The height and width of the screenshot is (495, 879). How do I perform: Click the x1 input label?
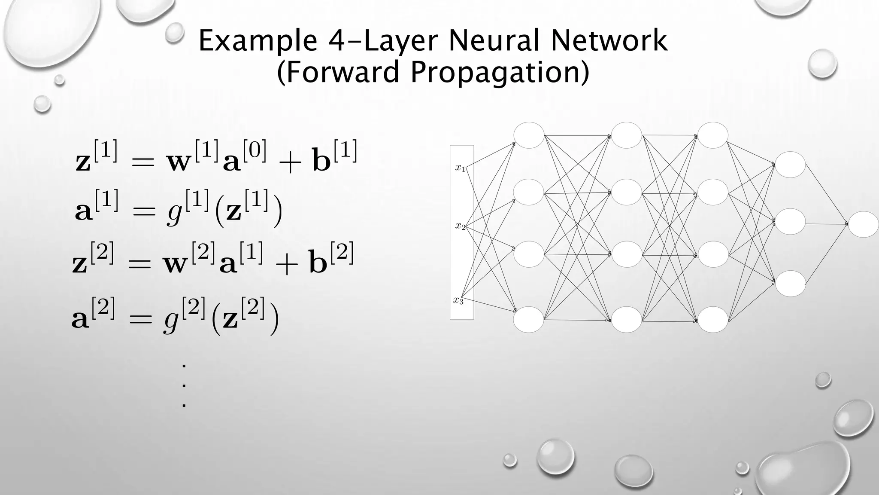[460, 168]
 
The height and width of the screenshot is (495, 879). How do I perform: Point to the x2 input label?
[460, 226]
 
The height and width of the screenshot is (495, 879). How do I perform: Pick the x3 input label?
[458, 300]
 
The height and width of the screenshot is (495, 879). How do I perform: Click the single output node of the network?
[863, 224]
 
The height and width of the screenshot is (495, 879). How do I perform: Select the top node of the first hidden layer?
[529, 135]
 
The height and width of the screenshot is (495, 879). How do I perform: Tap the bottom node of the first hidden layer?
[529, 319]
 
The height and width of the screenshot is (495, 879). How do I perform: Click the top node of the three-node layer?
[790, 164]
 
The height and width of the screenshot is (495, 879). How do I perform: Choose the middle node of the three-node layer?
[790, 222]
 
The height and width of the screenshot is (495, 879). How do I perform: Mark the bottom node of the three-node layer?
[790, 284]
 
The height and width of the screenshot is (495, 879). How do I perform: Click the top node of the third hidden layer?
[713, 135]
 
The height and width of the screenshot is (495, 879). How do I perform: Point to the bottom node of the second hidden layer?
[627, 319]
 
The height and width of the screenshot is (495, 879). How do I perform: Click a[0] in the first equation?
[245, 157]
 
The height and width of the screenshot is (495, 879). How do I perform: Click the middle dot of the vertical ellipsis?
[184, 385]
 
